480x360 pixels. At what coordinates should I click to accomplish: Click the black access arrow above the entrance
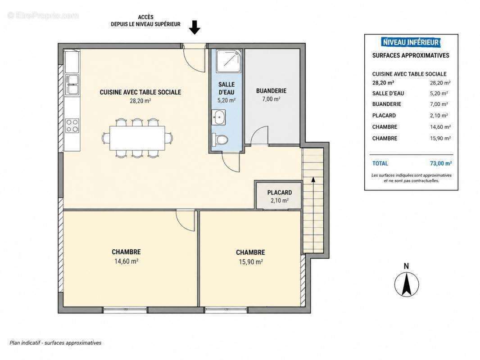pyautogui.click(x=195, y=27)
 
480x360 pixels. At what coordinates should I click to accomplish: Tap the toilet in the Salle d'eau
pyautogui.click(x=220, y=140)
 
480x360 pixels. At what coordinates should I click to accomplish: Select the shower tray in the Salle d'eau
pyautogui.click(x=229, y=62)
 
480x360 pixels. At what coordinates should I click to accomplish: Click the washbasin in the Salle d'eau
pyautogui.click(x=218, y=117)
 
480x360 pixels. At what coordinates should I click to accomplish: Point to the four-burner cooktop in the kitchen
pyautogui.click(x=72, y=126)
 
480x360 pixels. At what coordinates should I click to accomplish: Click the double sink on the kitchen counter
pyautogui.click(x=72, y=85)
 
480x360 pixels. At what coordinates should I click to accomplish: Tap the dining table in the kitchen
pyautogui.click(x=137, y=138)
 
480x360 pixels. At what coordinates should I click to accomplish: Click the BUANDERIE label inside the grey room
pyautogui.click(x=271, y=91)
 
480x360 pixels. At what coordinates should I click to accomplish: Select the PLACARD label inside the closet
pyautogui.click(x=280, y=193)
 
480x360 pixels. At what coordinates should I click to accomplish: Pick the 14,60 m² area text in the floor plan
pyautogui.click(x=126, y=261)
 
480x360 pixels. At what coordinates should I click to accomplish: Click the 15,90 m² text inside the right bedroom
pyautogui.click(x=250, y=262)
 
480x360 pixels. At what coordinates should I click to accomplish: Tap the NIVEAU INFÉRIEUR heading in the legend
pyautogui.click(x=411, y=42)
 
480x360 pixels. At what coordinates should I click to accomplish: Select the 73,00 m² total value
pyautogui.click(x=441, y=163)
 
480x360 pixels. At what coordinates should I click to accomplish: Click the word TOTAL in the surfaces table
pyautogui.click(x=380, y=163)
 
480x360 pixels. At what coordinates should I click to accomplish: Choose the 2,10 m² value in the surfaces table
pyautogui.click(x=439, y=116)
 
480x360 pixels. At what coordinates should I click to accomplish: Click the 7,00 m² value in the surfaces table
pyautogui.click(x=439, y=104)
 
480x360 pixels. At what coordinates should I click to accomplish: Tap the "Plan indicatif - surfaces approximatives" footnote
pyautogui.click(x=55, y=343)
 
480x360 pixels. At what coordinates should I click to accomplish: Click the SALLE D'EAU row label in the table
pyautogui.click(x=388, y=94)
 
